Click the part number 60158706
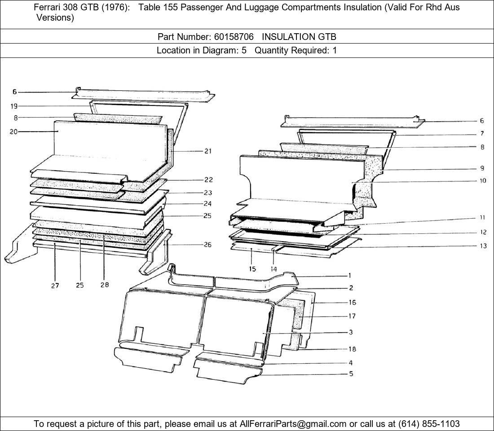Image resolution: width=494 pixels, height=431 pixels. [234, 37]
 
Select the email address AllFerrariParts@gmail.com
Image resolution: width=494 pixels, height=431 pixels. [293, 424]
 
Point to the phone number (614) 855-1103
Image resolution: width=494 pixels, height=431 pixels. [429, 424]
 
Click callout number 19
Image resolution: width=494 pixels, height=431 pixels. [14, 106]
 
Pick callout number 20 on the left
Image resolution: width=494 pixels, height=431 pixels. [13, 132]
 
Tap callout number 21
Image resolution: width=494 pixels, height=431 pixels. [208, 151]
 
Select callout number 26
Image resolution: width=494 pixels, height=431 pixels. [207, 245]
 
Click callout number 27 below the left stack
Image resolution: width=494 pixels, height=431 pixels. [55, 286]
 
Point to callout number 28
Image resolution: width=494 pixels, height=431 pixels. [105, 285]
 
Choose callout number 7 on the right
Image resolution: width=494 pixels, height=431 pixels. [482, 134]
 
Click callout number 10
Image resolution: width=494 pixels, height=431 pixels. [483, 181]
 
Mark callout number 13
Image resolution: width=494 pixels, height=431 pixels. [483, 246]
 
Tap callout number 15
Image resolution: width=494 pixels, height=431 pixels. [252, 269]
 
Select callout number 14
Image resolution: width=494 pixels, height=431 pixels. [273, 269]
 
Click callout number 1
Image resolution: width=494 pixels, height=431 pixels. [349, 276]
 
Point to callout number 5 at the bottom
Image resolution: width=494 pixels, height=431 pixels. [351, 374]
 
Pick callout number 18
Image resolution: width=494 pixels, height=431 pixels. [352, 349]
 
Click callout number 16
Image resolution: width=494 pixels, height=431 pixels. [352, 303]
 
